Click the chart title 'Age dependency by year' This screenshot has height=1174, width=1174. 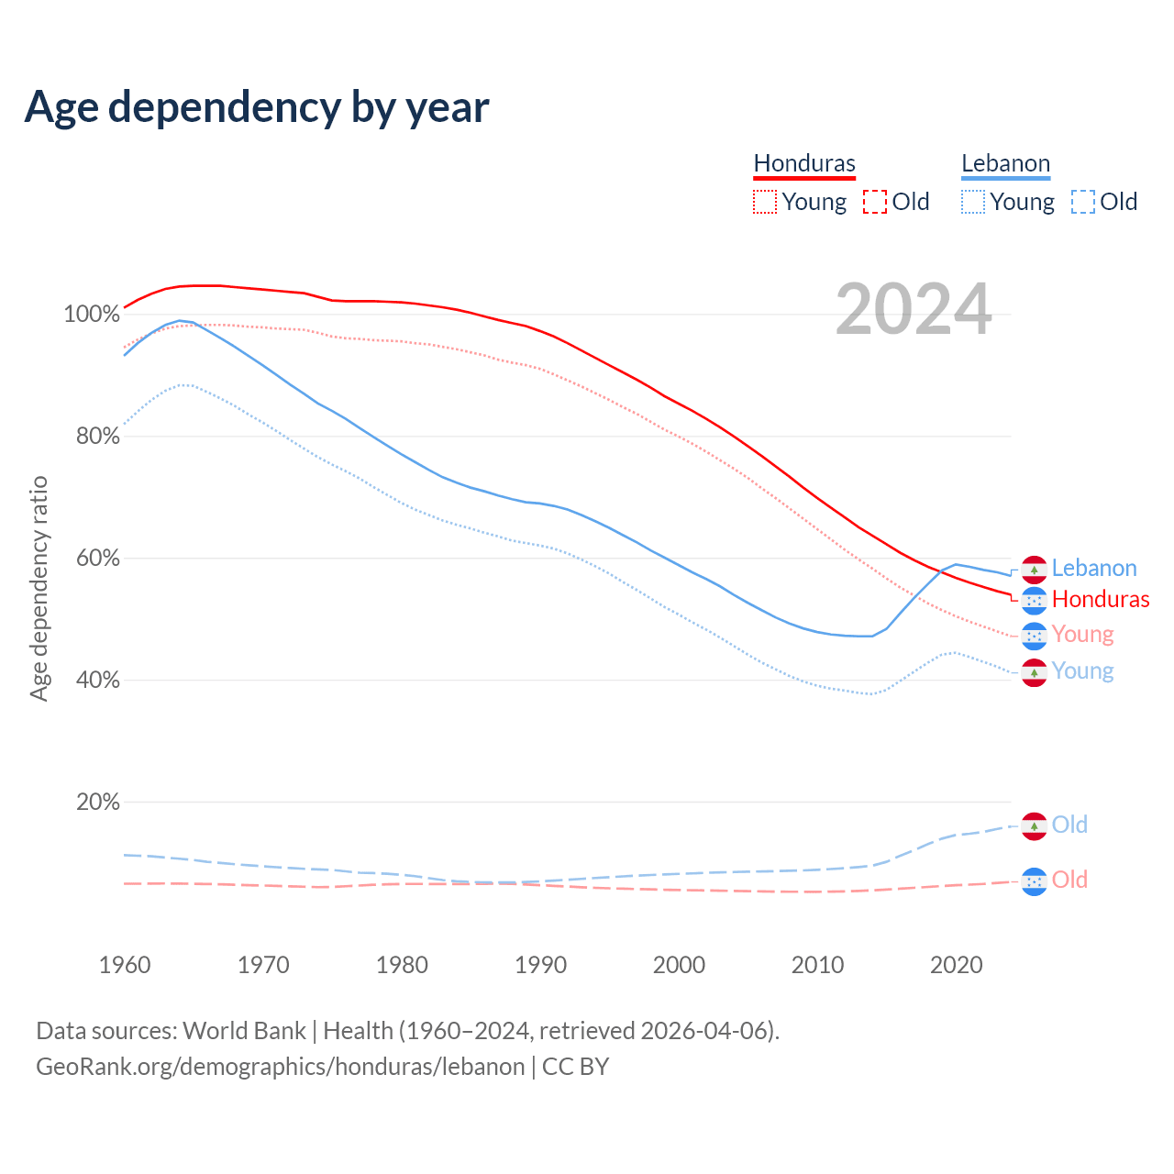[x=257, y=107]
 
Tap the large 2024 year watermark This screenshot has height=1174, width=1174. [x=914, y=309]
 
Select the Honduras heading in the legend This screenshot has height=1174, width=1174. [x=804, y=163]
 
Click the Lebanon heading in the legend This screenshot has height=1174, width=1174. [x=1005, y=163]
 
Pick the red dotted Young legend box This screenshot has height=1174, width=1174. [x=764, y=202]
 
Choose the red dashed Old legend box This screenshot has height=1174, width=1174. [x=875, y=202]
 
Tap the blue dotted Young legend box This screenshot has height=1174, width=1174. [x=973, y=202]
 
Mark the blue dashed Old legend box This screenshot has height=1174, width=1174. [x=1083, y=202]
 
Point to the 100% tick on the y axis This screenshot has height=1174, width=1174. [x=92, y=315]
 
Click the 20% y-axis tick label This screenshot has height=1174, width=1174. [x=97, y=803]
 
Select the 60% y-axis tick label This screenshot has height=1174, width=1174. [x=97, y=559]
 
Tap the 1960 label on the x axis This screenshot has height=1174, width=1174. [x=125, y=965]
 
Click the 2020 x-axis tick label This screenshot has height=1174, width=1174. [x=956, y=965]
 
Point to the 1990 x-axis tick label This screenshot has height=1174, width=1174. [x=540, y=965]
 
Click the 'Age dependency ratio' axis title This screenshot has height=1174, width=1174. [x=39, y=588]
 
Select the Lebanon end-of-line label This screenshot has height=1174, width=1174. [x=1093, y=569]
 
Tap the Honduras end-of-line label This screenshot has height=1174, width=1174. [x=1100, y=600]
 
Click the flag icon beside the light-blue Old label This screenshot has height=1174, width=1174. [x=1034, y=825]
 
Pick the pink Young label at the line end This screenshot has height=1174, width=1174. [x=1082, y=635]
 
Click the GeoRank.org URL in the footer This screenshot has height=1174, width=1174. [x=280, y=1067]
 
